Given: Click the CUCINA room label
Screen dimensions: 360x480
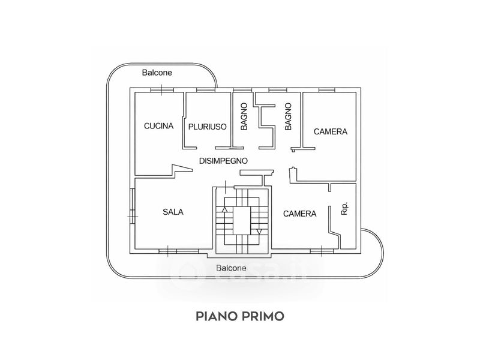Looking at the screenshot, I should (159, 126).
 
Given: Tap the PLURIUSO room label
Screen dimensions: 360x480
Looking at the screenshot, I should (206, 127).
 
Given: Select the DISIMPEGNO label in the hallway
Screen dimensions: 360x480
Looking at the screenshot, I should (223, 161).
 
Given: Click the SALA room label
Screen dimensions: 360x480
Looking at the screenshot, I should (173, 212).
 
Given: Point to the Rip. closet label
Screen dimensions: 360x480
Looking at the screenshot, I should (344, 209).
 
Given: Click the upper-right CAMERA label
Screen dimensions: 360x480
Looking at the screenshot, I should (331, 131).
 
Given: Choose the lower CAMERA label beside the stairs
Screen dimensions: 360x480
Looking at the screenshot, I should (299, 214).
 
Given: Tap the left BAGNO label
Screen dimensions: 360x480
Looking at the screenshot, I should (244, 117).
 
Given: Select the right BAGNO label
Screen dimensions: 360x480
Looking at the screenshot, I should (288, 117).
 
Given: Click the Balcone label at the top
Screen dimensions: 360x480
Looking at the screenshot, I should (157, 73).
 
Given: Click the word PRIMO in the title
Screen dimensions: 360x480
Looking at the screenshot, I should (262, 315).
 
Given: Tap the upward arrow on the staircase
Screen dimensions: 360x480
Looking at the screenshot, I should (225, 210).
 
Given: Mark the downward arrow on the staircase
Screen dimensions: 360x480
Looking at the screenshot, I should (259, 231).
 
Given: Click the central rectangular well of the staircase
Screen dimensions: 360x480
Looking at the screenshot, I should (242, 220).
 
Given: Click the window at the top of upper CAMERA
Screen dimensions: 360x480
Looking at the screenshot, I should (326, 90).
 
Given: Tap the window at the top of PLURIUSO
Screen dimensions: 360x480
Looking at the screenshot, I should (206, 90).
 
